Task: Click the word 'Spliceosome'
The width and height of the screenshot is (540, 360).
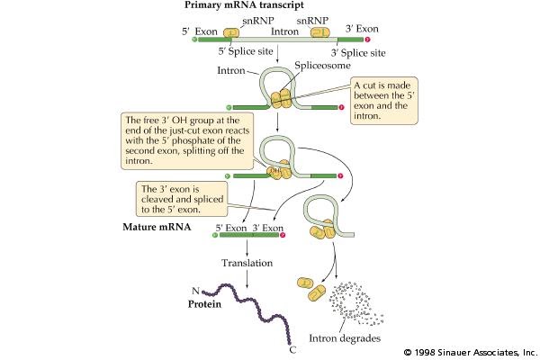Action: click(x=319, y=67)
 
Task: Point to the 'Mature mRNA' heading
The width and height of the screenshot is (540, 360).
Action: click(x=156, y=228)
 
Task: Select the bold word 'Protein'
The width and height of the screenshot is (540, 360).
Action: click(x=204, y=304)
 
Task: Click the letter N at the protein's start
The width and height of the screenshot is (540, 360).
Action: click(x=193, y=290)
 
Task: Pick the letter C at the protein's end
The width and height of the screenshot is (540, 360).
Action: click(x=292, y=349)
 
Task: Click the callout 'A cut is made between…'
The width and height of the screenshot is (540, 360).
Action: click(x=388, y=95)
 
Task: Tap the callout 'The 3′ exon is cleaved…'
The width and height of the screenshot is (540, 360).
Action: click(x=179, y=199)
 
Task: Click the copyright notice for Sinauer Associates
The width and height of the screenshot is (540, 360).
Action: click(x=470, y=351)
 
